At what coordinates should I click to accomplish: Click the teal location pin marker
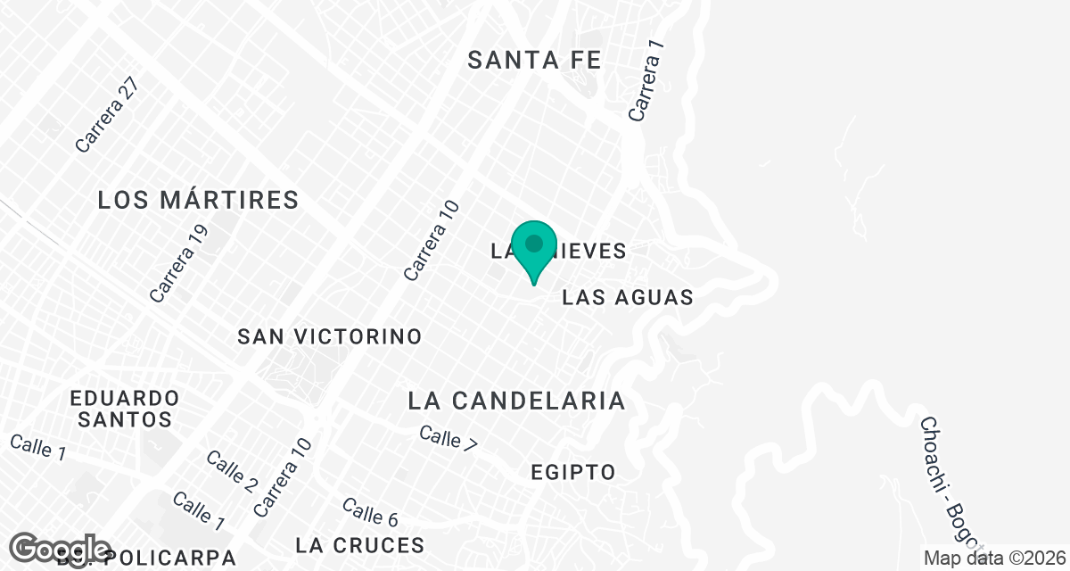click(534, 247)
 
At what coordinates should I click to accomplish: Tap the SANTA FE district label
click(534, 60)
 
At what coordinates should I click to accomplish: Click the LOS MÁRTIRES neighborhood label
click(198, 200)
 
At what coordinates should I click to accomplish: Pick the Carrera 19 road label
click(172, 263)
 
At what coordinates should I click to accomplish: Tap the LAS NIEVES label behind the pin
click(588, 252)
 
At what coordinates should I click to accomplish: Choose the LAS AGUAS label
click(628, 297)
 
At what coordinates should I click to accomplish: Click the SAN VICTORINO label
click(329, 336)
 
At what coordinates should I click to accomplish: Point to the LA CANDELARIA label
click(516, 401)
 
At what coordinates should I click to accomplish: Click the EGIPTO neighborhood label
click(572, 472)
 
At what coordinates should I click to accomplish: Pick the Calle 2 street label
click(232, 472)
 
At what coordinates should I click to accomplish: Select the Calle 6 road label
click(369, 512)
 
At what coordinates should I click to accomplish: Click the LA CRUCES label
click(360, 544)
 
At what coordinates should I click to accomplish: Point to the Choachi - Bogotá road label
click(951, 482)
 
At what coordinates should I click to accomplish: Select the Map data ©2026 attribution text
click(995, 559)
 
